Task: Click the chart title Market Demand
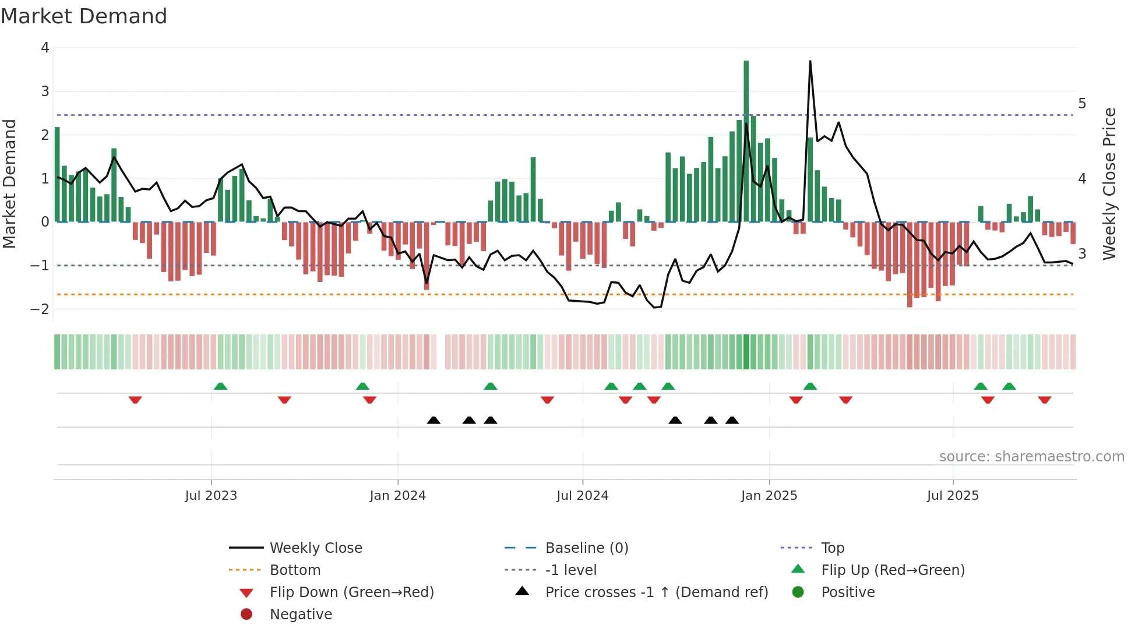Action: (x=84, y=16)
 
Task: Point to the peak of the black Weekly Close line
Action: (x=810, y=62)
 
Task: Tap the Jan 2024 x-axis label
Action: (x=397, y=496)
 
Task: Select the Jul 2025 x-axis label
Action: (x=953, y=496)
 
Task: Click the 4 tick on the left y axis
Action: (x=45, y=48)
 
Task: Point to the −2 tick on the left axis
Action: (x=40, y=309)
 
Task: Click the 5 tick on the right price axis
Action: (x=1082, y=104)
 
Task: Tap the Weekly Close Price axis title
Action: (x=1109, y=184)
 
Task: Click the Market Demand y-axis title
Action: (x=9, y=184)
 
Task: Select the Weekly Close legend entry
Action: (x=315, y=548)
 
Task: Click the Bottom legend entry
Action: (x=295, y=570)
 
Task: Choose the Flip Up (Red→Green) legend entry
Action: (x=893, y=570)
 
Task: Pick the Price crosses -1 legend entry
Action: (x=656, y=592)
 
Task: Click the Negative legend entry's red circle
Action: (x=246, y=615)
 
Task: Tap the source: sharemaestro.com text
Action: (x=1031, y=457)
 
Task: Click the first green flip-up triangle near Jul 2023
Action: (x=220, y=386)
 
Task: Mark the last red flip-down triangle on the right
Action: (x=1044, y=400)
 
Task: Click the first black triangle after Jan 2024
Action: (x=433, y=420)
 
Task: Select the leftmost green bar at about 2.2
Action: (x=57, y=175)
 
